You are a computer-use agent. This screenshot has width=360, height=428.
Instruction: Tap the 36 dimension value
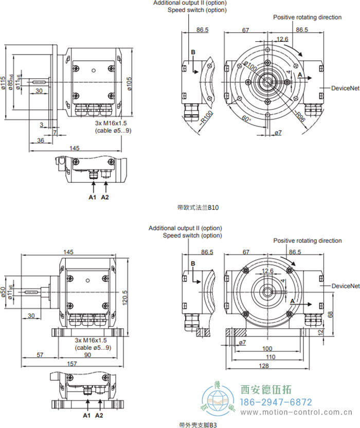click(x=41, y=140)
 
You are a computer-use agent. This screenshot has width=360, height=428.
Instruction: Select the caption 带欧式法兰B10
click(x=198, y=208)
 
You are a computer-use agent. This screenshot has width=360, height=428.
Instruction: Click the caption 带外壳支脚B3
click(x=198, y=424)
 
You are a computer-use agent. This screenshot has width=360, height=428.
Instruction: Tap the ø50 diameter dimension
click(x=4, y=293)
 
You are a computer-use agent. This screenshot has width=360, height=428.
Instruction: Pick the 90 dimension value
click(x=87, y=355)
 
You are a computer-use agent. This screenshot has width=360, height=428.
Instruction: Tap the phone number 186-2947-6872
click(x=276, y=402)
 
